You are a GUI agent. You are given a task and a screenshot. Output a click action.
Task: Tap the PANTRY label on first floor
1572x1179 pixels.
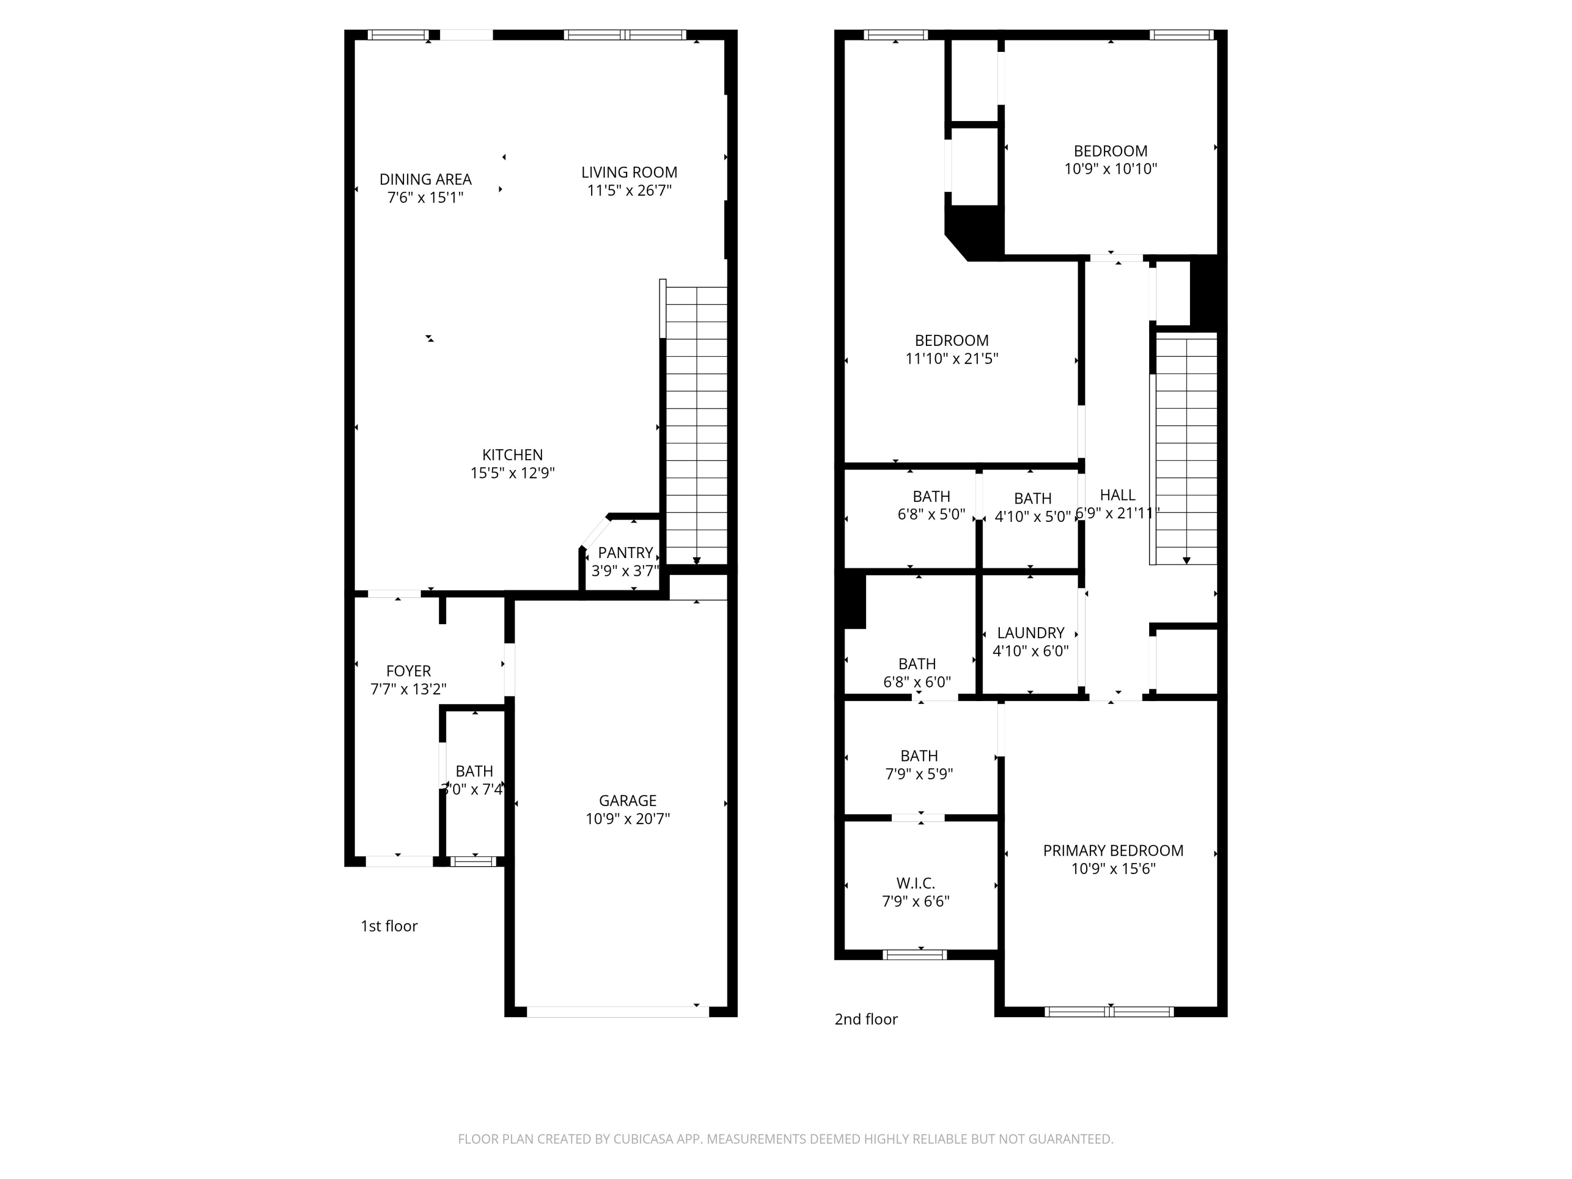625,552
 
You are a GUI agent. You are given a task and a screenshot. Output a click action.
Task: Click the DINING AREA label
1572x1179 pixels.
425,179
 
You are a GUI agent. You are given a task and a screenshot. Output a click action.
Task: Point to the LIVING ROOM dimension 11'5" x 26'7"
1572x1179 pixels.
629,190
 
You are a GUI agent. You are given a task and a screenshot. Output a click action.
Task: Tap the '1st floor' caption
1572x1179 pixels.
389,926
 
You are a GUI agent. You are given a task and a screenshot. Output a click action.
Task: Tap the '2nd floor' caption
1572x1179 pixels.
866,1019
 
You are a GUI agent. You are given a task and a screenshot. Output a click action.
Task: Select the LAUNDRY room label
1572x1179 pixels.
1031,632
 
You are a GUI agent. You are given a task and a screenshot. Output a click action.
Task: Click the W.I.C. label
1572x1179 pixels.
915,883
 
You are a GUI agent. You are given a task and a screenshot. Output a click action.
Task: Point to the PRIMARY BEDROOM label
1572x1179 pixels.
1113,850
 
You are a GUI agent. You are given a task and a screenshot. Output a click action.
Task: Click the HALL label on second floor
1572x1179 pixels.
1117,495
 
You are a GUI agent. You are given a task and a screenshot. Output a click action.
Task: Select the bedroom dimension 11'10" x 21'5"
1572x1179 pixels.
951,359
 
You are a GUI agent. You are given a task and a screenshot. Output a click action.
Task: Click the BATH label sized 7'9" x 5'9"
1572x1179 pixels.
919,756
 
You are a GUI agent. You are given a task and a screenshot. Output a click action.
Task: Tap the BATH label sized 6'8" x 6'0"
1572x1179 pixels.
917,664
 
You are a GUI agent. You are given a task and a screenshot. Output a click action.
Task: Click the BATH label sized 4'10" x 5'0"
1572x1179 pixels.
1033,498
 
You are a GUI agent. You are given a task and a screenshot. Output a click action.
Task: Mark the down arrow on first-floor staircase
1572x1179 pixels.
696,561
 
